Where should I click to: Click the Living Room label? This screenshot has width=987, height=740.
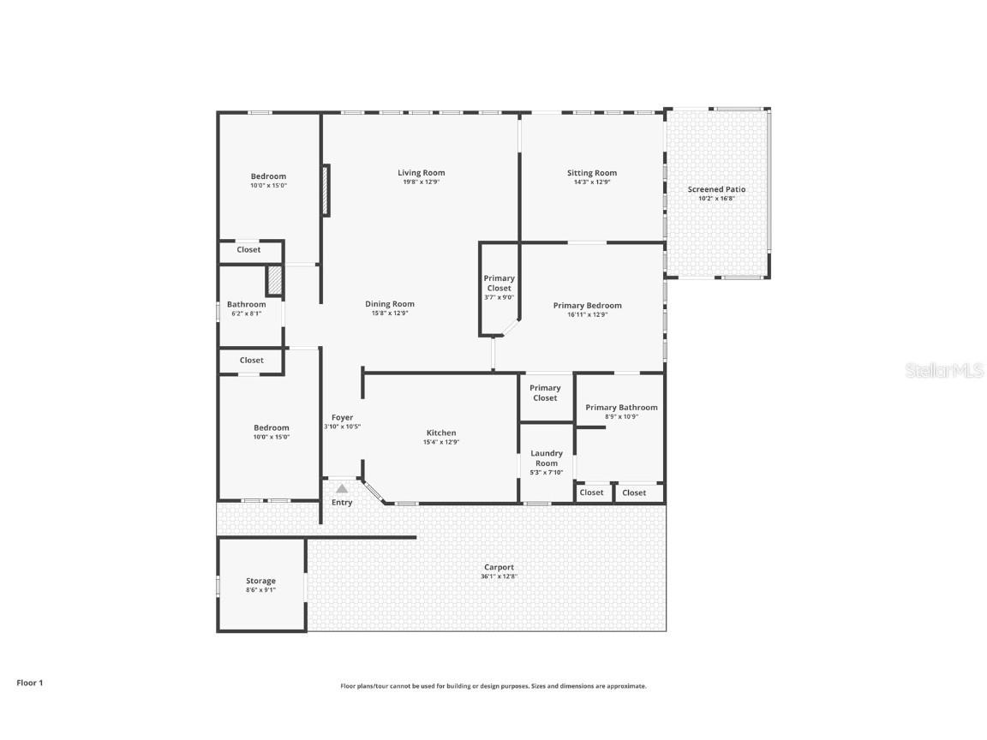point(421,173)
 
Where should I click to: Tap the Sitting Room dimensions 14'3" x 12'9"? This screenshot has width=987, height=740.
point(591,182)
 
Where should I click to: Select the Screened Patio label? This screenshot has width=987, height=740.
point(716,189)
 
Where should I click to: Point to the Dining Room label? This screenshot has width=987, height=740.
point(390,304)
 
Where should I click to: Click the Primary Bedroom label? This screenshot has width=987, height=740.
point(587,306)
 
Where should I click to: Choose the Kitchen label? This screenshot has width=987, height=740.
point(441,433)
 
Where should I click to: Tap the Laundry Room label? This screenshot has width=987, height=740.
point(547,458)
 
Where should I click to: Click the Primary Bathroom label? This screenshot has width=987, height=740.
point(621,408)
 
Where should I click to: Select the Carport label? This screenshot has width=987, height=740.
point(499,567)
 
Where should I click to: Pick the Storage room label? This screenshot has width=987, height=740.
point(260,581)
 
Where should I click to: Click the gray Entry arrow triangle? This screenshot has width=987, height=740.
point(342,488)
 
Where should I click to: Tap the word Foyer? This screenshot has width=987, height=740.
point(342,418)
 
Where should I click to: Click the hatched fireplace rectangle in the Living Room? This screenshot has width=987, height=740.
point(326,190)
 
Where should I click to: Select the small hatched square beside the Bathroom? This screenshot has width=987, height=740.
point(274,281)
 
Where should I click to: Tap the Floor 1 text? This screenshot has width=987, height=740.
point(29,683)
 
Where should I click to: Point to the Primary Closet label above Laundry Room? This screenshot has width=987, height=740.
point(545,393)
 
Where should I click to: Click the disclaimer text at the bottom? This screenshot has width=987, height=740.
point(493,686)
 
